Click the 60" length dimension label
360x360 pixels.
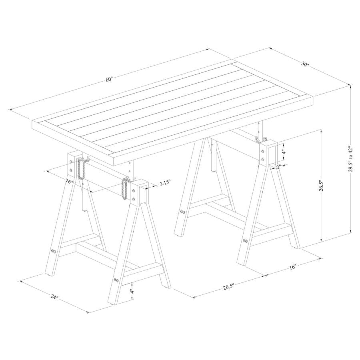(110, 80)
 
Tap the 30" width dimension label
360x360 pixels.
(305, 64)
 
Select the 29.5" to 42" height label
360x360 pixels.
(351, 158)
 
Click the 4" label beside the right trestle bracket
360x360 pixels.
(284, 152)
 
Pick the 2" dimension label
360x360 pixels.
(278, 167)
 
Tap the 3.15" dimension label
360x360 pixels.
(165, 184)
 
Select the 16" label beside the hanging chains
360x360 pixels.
(69, 181)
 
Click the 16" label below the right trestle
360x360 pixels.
(293, 267)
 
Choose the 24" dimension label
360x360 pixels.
(54, 296)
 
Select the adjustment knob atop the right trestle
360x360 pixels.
(260, 139)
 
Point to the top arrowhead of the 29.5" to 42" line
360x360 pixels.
(350, 86)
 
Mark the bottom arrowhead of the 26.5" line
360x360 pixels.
(321, 240)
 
